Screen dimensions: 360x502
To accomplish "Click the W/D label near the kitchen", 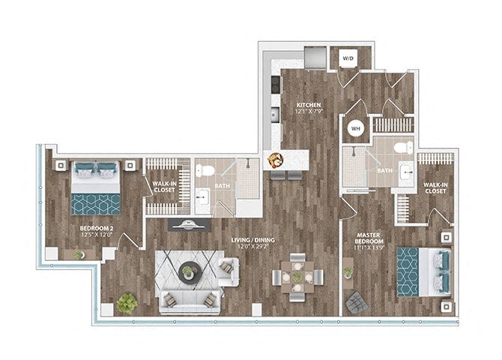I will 348,58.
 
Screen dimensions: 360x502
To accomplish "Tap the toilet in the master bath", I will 402,146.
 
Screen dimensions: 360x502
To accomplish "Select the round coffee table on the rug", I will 187,272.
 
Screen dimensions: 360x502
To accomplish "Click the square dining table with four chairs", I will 297,277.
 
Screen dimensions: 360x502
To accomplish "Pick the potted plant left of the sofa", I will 127,302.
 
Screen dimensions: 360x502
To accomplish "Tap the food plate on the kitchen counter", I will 276,159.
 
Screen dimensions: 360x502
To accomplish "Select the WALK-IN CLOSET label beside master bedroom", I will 434,187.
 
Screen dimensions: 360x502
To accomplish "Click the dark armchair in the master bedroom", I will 357,302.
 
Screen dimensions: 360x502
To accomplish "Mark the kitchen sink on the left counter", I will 274,115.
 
